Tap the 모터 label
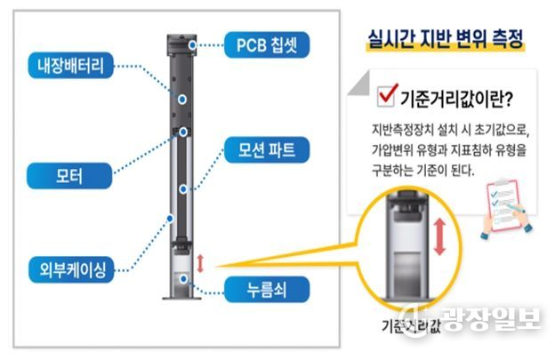click(68, 176)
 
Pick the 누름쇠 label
click(256, 290)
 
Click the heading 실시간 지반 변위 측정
click(445, 39)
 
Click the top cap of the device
click(181, 39)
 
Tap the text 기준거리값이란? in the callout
click(453, 94)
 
